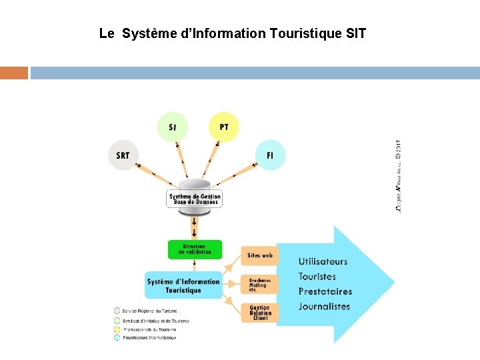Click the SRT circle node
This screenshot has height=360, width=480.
pos(123,155)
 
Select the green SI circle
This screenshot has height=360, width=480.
pos(173,127)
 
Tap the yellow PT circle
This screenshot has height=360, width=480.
pos(223,127)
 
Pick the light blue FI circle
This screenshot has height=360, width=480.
pos(270,155)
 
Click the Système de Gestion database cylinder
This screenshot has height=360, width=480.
pos(194,197)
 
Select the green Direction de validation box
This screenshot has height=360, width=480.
pos(195,249)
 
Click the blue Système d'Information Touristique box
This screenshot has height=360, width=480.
pos(183,285)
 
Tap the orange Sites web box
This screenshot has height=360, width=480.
pos(259,255)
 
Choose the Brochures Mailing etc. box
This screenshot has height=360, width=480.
pos(259,284)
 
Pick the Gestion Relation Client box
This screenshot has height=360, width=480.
pos(259,313)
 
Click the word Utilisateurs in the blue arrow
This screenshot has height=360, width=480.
pos(323,261)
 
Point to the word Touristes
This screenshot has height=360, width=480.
pos(317,277)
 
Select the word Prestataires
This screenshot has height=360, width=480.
pos(325,291)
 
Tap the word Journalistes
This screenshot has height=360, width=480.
pos(324,307)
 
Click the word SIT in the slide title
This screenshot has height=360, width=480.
pos(357,33)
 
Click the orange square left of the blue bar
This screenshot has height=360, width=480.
pos(14,73)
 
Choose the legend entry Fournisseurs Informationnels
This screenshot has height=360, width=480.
pos(151,338)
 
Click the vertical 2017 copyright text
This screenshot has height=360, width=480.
pos(398,177)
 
